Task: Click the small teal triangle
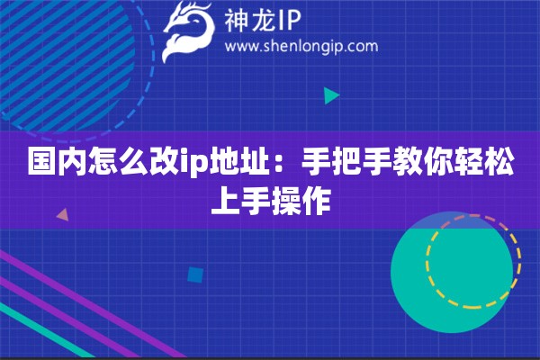click(331, 94)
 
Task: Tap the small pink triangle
click(62, 215)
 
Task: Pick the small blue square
click(194, 274)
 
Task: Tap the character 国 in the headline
click(39, 165)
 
